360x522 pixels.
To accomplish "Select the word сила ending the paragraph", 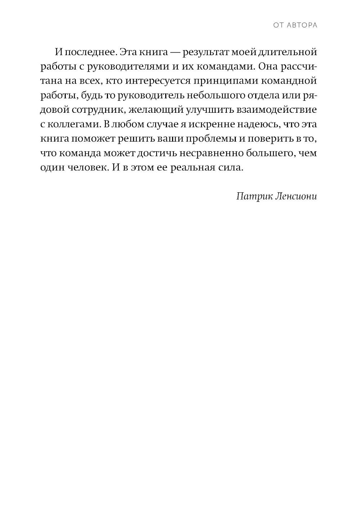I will point(231,167).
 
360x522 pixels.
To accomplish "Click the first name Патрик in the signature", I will point(251,196).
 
